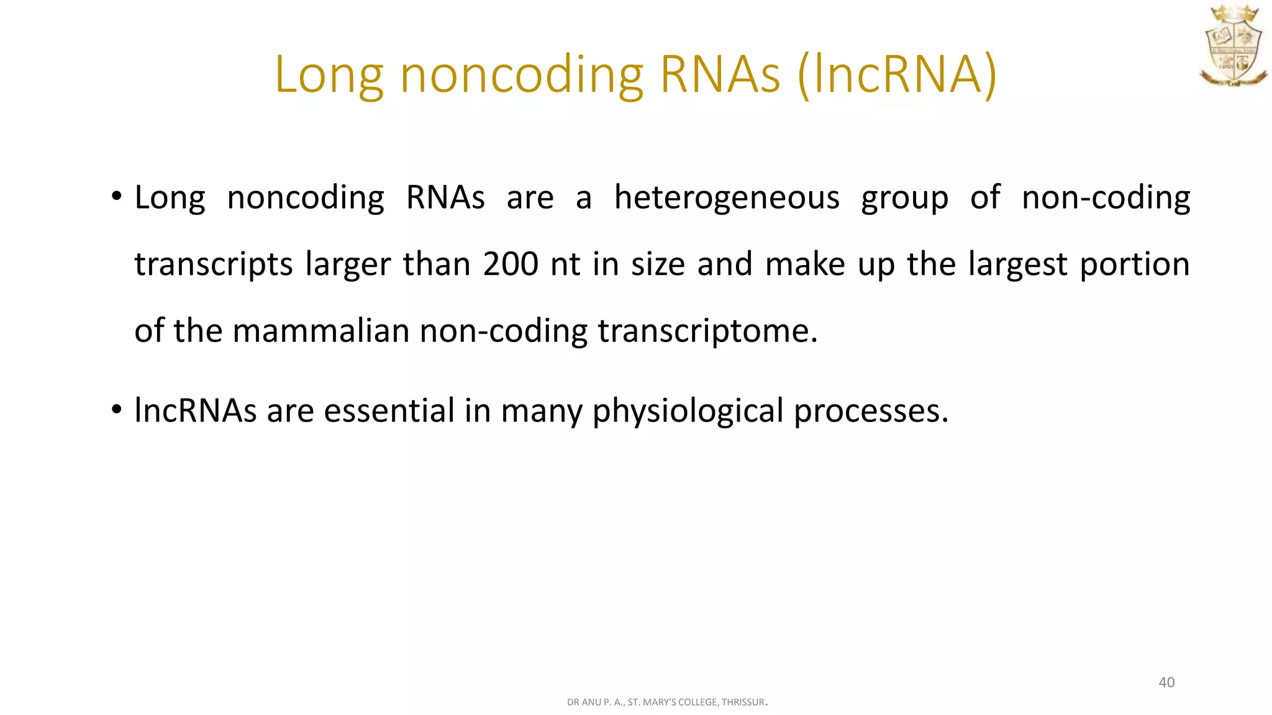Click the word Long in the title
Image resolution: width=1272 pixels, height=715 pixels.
329,76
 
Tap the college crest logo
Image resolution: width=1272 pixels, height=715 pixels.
1233,46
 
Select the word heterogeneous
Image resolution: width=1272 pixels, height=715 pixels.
727,198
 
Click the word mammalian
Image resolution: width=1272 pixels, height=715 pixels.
320,330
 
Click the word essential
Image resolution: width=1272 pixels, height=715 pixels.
389,411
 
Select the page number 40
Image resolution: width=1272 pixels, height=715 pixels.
1166,683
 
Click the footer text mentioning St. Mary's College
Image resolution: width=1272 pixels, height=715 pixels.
666,703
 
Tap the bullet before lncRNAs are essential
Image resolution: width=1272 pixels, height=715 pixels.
117,410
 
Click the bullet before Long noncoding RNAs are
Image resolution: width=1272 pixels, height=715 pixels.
117,197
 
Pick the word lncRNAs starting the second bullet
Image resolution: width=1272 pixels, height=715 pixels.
195,411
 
